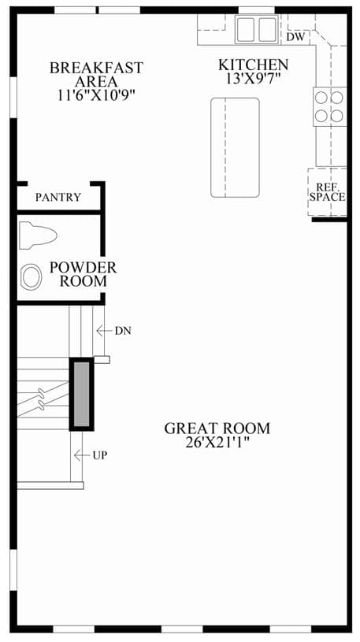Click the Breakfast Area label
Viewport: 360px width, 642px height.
click(96, 74)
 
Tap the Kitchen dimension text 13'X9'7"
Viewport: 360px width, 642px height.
click(253, 78)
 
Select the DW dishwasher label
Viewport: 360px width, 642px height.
click(295, 37)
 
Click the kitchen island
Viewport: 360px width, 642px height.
click(235, 147)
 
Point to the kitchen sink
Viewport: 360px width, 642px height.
click(256, 29)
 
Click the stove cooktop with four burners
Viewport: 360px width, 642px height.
click(329, 106)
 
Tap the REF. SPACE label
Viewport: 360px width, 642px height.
click(327, 192)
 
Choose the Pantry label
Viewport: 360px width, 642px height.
click(58, 198)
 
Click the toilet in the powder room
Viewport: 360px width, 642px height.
click(38, 235)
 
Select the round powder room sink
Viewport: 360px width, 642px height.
click(32, 276)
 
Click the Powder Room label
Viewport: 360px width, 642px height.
click(84, 274)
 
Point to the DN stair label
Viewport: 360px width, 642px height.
click(123, 331)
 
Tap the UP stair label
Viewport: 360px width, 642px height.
click(100, 455)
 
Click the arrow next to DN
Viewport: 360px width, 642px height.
click(104, 330)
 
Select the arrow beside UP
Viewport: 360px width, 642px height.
click(82, 455)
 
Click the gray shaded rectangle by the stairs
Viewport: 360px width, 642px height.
click(81, 394)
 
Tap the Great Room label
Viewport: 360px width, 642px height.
click(217, 429)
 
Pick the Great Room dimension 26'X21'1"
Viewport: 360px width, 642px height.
click(217, 443)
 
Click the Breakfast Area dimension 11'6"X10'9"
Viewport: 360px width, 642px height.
click(97, 95)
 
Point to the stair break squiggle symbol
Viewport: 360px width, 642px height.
click(41, 399)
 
